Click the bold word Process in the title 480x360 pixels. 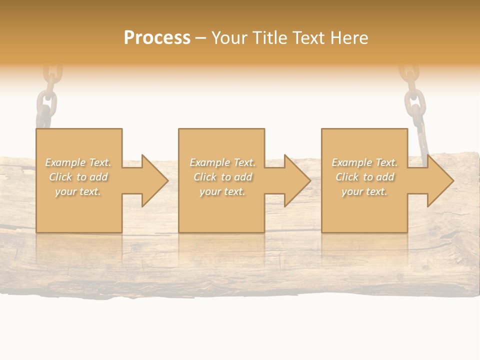point(157,38)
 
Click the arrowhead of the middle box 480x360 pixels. point(297,180)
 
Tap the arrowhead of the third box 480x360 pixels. point(440,180)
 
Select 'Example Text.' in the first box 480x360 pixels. point(78,162)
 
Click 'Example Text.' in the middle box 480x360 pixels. point(222,162)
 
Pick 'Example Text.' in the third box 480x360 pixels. point(364,162)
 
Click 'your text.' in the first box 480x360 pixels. point(78,191)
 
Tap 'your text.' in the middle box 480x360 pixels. point(222,191)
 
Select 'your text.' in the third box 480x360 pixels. point(364,191)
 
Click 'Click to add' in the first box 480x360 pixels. point(78,177)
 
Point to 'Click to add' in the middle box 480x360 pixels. point(222,177)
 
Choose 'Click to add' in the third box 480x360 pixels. point(364,177)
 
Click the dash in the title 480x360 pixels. point(200,38)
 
